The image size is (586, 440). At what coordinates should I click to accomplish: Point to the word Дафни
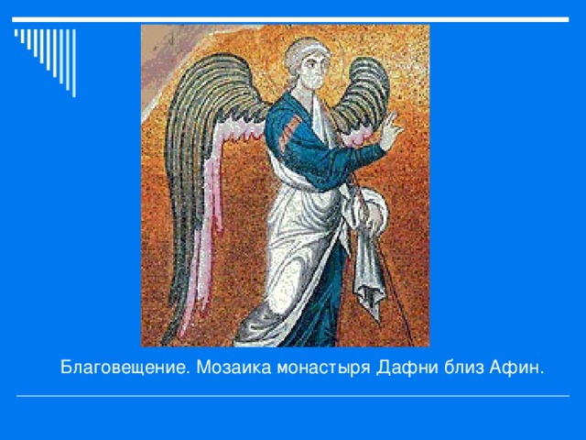[x=396, y=368]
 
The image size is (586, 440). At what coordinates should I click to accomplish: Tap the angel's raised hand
[x=391, y=131]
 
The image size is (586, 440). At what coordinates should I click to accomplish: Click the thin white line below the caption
[x=293, y=396]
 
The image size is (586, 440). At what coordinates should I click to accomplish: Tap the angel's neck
[x=311, y=92]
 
